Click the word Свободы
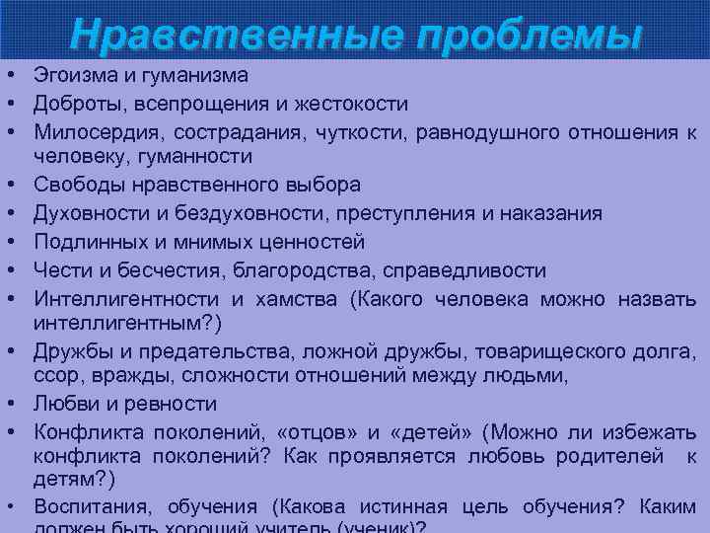tap(73, 185)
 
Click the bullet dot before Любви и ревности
tap(7, 404)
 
